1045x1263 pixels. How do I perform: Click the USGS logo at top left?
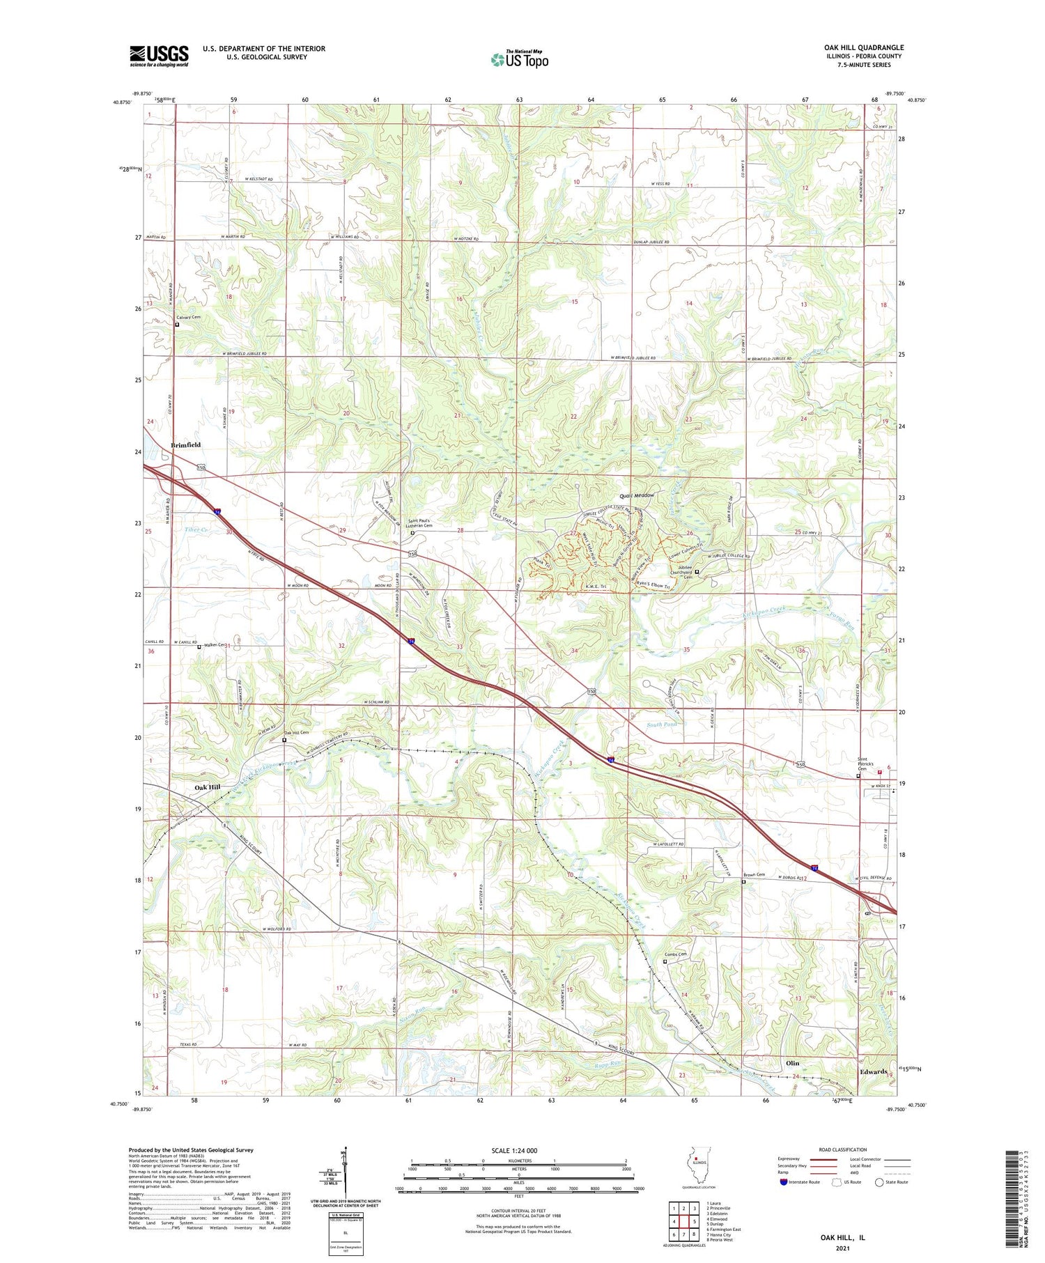(x=159, y=56)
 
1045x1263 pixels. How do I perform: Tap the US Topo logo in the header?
(x=519, y=60)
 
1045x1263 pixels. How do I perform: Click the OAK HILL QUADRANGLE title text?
(x=863, y=48)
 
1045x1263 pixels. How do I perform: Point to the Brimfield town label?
(x=186, y=444)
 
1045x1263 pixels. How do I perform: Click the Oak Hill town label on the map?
(x=207, y=787)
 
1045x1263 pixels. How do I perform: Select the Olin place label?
(x=792, y=1063)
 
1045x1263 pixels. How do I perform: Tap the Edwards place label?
(x=873, y=1071)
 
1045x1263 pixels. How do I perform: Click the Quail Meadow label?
(x=637, y=495)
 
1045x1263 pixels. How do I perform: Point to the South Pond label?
(x=661, y=725)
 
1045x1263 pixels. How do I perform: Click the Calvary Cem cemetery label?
(x=188, y=318)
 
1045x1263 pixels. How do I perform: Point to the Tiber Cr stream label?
(x=196, y=529)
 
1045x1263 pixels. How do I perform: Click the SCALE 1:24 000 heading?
(x=514, y=1150)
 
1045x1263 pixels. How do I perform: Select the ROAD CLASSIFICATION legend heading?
(x=842, y=1149)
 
